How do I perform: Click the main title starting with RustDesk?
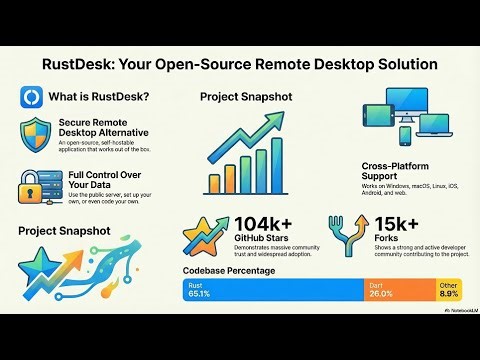click(x=239, y=63)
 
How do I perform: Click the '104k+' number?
click(x=263, y=224)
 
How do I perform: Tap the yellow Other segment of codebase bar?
click(x=450, y=290)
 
